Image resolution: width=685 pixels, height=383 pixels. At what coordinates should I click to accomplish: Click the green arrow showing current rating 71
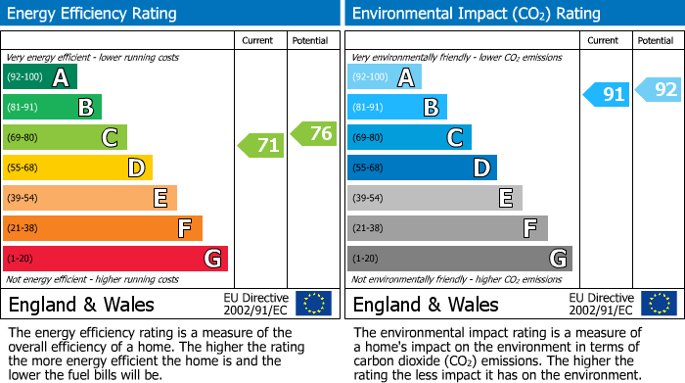tap(261, 146)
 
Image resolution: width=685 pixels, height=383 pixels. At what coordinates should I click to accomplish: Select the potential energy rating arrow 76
tap(314, 134)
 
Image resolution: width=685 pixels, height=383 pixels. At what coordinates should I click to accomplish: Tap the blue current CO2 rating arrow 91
tap(606, 94)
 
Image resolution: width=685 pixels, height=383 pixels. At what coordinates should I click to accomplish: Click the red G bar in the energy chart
tap(115, 259)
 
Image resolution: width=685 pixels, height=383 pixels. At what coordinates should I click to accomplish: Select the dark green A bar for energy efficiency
tap(40, 77)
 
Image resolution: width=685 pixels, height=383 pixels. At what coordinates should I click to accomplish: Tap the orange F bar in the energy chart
tap(103, 228)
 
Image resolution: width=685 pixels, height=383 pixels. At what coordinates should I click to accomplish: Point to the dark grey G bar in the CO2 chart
tap(459, 259)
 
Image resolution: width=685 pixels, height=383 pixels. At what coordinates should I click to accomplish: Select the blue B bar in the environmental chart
tap(397, 108)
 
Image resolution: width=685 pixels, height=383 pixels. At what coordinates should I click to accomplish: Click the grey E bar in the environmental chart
tap(434, 198)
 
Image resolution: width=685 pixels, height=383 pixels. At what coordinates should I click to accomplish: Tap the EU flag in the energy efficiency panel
tap(313, 304)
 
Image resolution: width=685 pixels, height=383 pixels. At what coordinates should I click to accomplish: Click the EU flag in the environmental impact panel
tap(658, 304)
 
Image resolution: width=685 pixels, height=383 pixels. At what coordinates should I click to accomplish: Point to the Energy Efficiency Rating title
tap(93, 14)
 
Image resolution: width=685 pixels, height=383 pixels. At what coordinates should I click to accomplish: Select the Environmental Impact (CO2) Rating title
tap(476, 14)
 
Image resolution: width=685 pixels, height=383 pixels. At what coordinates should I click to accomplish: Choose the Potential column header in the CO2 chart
tap(656, 40)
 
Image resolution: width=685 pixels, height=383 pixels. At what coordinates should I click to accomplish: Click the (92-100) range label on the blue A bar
tap(369, 77)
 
